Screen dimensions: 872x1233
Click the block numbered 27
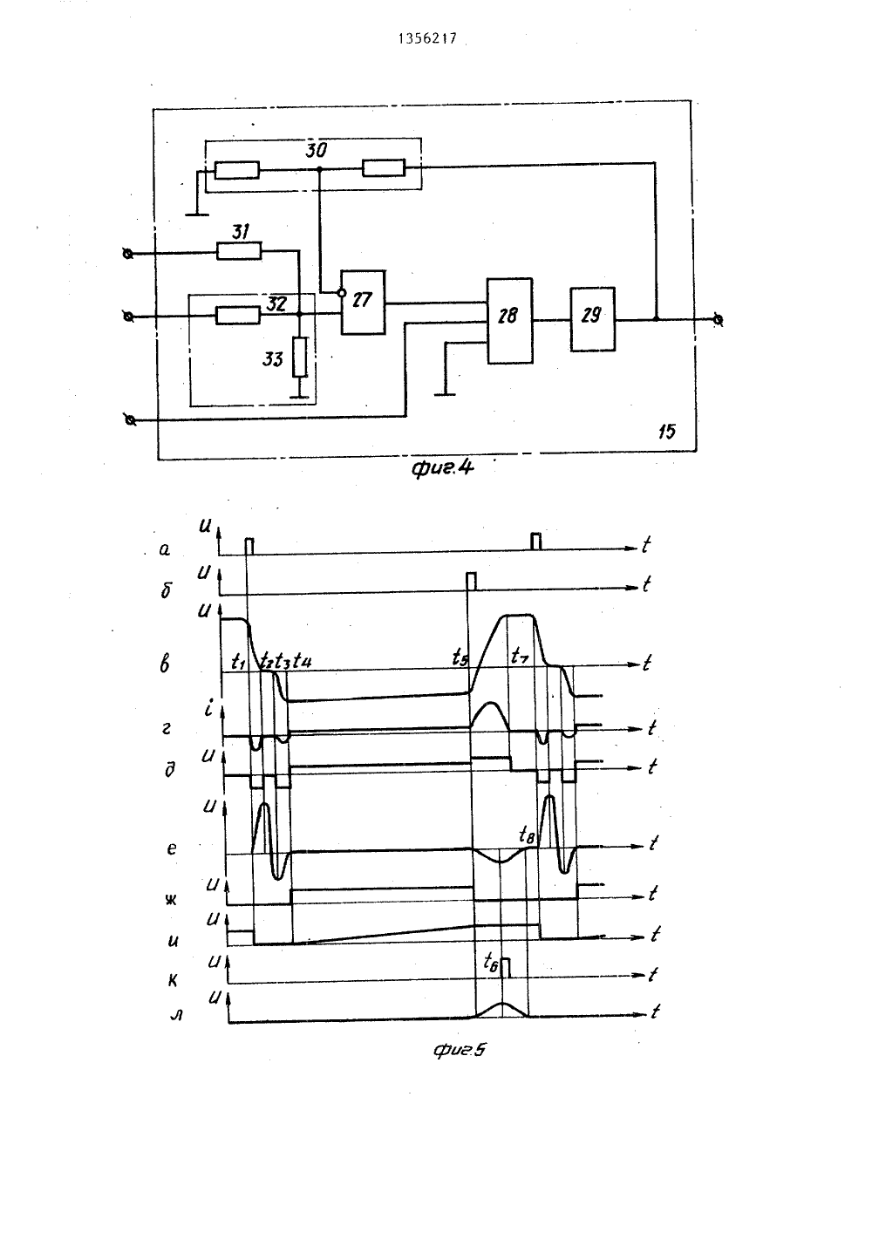coord(363,303)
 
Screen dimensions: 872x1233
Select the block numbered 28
coord(509,320)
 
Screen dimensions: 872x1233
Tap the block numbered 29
coord(592,318)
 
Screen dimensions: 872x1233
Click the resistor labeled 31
coord(239,251)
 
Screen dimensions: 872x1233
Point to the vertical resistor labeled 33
coord(300,357)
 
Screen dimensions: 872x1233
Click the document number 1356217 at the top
coord(427,38)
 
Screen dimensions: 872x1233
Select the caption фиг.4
coord(442,468)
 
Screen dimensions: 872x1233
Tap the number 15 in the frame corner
coord(666,432)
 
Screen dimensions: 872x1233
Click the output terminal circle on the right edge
coord(718,319)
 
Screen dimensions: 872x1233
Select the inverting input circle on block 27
coord(341,293)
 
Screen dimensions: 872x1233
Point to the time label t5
coord(460,657)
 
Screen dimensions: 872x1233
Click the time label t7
coord(520,655)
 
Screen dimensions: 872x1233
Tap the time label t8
coord(527,835)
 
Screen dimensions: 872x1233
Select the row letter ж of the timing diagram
coord(171,901)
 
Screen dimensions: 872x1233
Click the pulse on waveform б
coord(471,582)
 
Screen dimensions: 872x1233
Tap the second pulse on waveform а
coord(535,542)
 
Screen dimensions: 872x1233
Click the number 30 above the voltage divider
coord(316,150)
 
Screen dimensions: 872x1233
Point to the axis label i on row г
coord(208,708)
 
